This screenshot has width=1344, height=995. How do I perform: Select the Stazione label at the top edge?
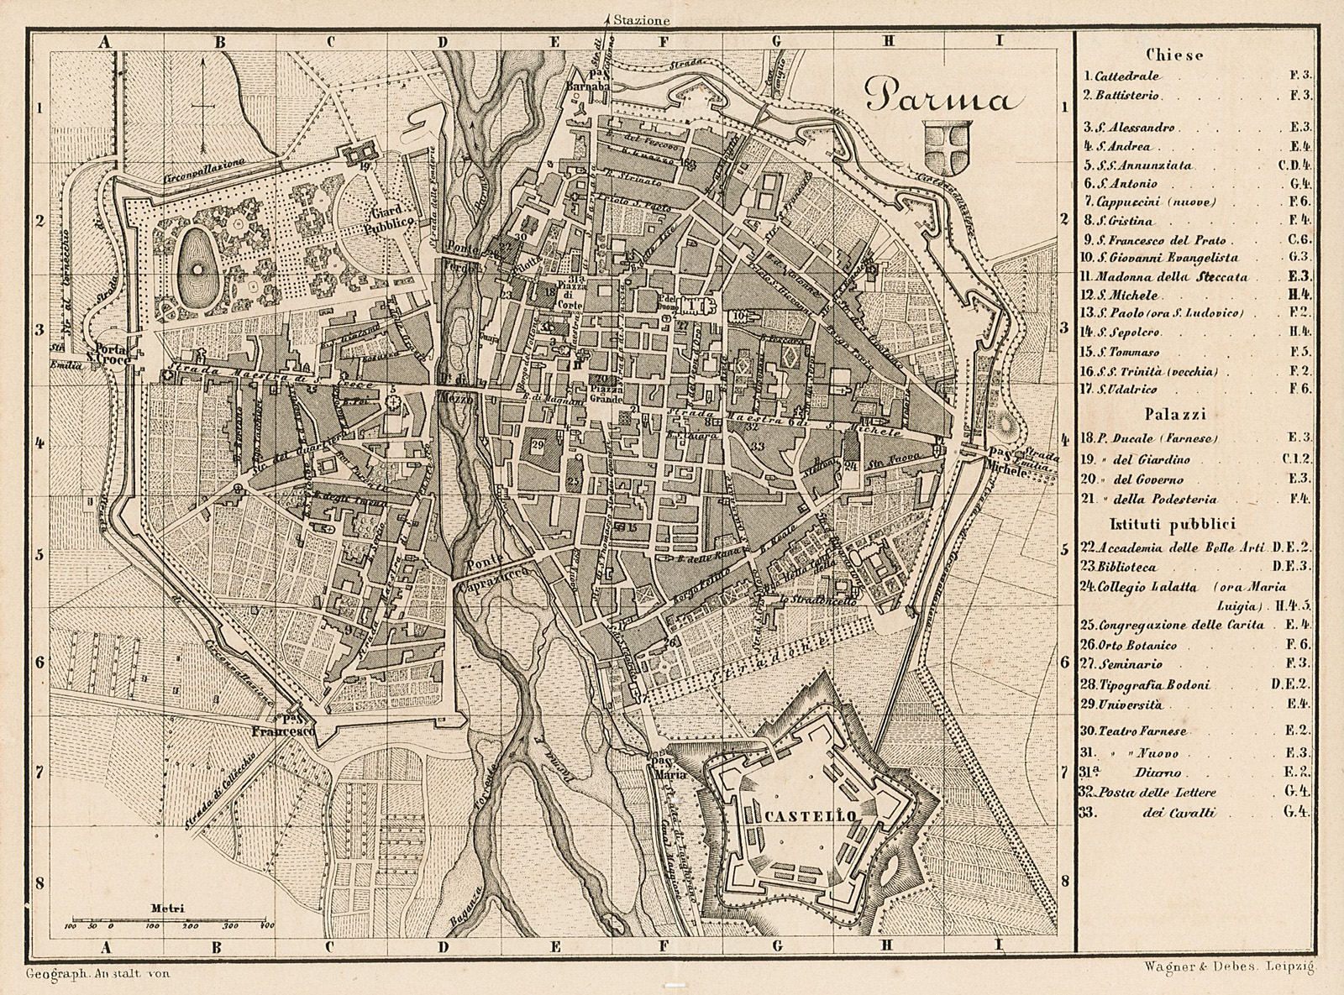640,18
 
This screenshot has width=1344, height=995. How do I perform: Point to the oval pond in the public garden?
199,268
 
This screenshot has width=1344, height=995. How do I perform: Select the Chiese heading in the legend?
1184,55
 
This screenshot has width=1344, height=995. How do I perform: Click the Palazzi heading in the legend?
1184,414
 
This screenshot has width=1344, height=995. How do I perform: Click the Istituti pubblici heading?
1184,524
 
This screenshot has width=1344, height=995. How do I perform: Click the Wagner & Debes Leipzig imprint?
1229,967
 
